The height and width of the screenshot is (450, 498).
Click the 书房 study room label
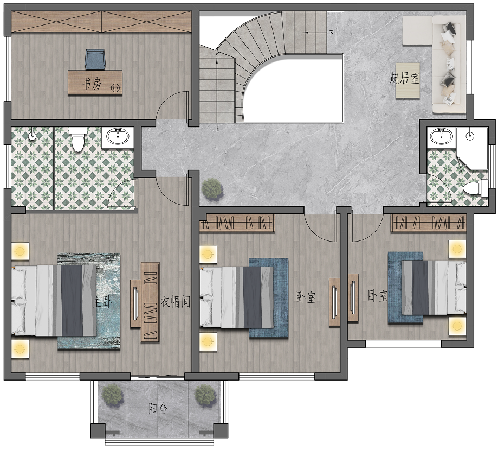pyautogui.click(x=92, y=84)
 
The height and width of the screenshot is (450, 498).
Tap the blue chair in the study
pyautogui.click(x=95, y=59)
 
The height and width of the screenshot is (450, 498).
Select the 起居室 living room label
pyautogui.click(x=404, y=78)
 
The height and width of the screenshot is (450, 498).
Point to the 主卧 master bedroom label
pyautogui.click(x=102, y=302)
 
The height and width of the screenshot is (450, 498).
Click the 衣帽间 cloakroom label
pyautogui.click(x=175, y=301)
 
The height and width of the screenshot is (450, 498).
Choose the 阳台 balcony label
pyautogui.click(x=158, y=409)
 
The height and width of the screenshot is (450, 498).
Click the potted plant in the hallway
pyautogui.click(x=212, y=189)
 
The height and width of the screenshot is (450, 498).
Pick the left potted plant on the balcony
pyautogui.click(x=112, y=396)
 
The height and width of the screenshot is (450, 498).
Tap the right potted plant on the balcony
pyautogui.click(x=205, y=396)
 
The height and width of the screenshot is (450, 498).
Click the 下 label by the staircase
pyautogui.click(x=331, y=33)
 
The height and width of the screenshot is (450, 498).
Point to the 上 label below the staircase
pyautogui.click(x=217, y=129)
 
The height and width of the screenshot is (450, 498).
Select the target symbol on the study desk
pyautogui.click(x=115, y=87)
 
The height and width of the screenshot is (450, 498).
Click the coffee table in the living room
pyautogui.click(x=408, y=81)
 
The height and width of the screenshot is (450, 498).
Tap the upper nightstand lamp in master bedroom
pyautogui.click(x=20, y=251)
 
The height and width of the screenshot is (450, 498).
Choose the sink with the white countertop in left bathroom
pyautogui.click(x=118, y=137)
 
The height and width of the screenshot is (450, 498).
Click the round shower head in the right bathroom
pyautogui.click(x=469, y=136)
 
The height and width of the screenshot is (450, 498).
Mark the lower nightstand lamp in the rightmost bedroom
pyautogui.click(x=457, y=326)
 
